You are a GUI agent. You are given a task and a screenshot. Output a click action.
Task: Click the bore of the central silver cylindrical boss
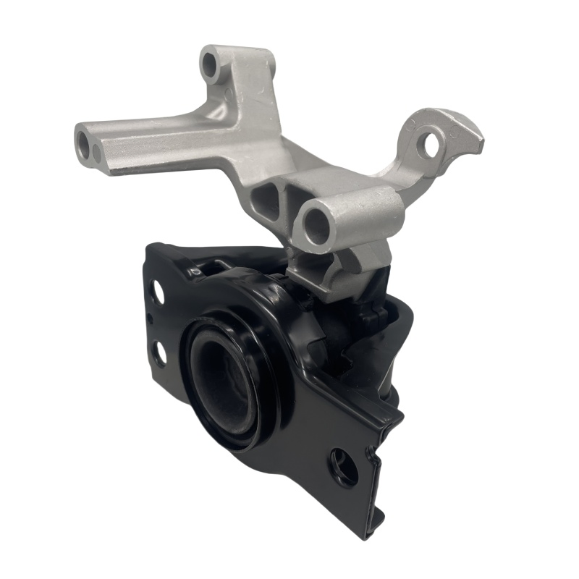tap(316, 226)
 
